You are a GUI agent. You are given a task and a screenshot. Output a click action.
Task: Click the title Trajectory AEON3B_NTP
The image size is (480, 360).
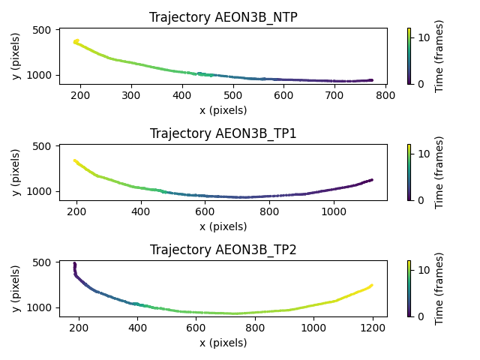pos(223,17)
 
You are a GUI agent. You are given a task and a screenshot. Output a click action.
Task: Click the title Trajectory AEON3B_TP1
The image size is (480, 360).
pos(223,133)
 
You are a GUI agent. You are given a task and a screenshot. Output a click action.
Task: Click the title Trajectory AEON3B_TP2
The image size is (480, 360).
pos(223,250)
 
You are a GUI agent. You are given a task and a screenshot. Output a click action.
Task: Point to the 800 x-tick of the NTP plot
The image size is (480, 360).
pos(385,95)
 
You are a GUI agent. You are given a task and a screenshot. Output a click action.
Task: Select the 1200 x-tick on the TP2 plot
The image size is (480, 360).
pos(372,328)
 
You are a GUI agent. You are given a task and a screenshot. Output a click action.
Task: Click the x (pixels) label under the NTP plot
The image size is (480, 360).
pos(223,110)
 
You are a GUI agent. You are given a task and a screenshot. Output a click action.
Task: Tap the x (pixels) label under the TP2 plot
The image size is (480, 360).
pos(223,343)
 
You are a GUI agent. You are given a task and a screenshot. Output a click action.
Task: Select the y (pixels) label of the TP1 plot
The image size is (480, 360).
pos(16,172)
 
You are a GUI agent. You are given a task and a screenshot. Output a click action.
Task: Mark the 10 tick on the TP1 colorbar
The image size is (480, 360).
pos(421,153)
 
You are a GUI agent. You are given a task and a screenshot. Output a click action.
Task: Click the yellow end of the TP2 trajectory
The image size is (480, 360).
pos(371,285)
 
